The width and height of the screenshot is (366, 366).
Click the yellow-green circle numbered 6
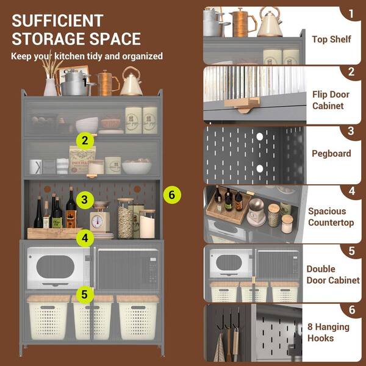pyautogui.click(x=172, y=195)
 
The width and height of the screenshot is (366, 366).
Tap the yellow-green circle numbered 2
pyautogui.click(x=85, y=140)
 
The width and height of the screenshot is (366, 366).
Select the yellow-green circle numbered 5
pyautogui.click(x=85, y=295)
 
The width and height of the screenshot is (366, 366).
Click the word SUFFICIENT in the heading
pyautogui.click(x=57, y=21)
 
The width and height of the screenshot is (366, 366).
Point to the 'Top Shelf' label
pyautogui.click(x=331, y=39)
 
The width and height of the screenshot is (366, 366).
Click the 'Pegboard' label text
pyautogui.click(x=331, y=153)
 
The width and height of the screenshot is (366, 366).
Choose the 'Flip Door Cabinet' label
pyautogui.click(x=331, y=100)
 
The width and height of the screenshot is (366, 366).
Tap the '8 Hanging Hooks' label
pyautogui.click(x=328, y=332)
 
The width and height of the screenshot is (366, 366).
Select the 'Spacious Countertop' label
pyautogui.click(x=331, y=217)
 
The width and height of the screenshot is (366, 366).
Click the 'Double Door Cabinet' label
pyautogui.click(x=333, y=274)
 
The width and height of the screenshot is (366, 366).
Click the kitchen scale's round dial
pyautogui.click(x=97, y=221)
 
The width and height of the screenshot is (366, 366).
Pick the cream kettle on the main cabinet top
pyautogui.click(x=131, y=81)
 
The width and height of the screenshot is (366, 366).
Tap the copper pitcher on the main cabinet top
pyautogui.click(x=107, y=83)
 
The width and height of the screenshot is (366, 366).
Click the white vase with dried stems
pyautogui.click(x=50, y=87)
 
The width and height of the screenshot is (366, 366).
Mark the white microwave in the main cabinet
pyautogui.click(x=59, y=268)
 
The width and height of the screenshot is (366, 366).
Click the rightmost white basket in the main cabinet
pyautogui.click(x=138, y=317)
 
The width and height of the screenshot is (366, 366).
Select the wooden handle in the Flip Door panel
pyautogui.click(x=242, y=104)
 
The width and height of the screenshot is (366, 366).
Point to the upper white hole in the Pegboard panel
pyautogui.click(x=259, y=137)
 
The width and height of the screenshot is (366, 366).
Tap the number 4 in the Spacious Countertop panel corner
pyautogui.click(x=352, y=191)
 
